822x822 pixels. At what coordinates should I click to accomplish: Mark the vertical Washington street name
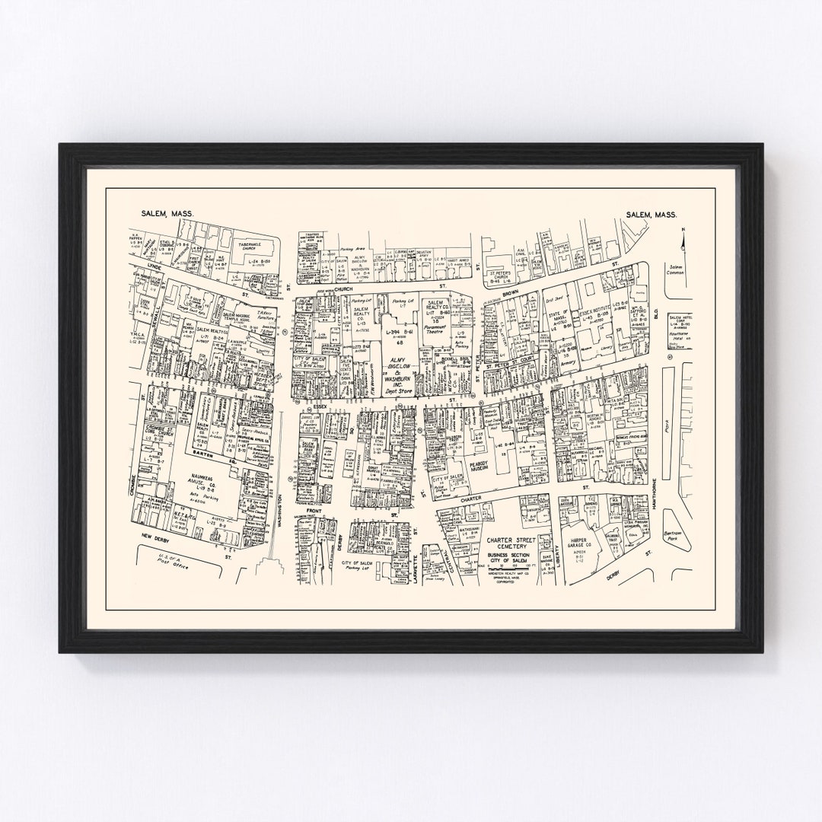280,507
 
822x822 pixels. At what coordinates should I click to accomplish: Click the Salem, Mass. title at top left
167,215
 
